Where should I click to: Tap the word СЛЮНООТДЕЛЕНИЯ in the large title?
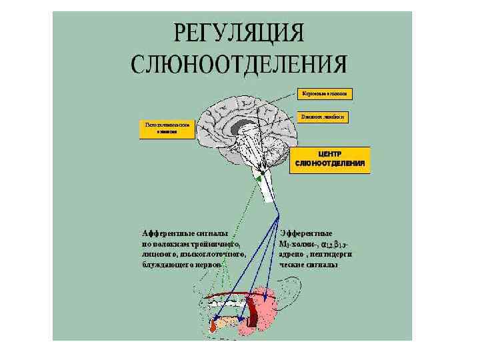[239, 64]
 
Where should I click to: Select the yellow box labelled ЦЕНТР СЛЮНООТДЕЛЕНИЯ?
[329, 159]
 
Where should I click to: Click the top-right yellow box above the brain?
[325, 93]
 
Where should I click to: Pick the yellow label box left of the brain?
[167, 129]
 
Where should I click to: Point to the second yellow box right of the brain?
[325, 116]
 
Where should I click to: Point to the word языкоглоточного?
[211, 254]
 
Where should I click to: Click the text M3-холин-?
[299, 244]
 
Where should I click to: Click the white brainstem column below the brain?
[266, 190]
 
